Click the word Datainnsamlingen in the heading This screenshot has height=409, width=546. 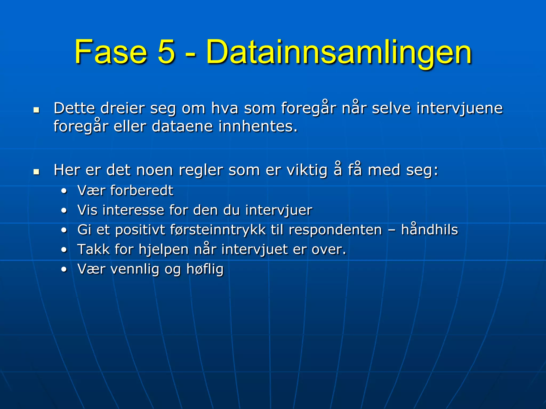pyautogui.click(x=339, y=53)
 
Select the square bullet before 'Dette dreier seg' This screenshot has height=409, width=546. pyautogui.click(x=36, y=110)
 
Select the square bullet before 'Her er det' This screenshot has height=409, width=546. pyautogui.click(x=36, y=172)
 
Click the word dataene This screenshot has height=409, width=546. pyautogui.click(x=182, y=126)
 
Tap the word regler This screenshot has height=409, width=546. pyautogui.click(x=201, y=170)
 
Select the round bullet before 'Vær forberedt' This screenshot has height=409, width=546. pyautogui.click(x=64, y=191)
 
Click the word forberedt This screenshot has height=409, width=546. pyautogui.click(x=142, y=191)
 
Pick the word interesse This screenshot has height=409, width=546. pyautogui.click(x=133, y=210)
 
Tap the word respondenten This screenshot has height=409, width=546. pyautogui.click(x=335, y=230)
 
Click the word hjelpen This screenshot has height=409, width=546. pyautogui.click(x=163, y=250)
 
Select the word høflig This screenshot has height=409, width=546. pyautogui.click(x=205, y=269)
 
